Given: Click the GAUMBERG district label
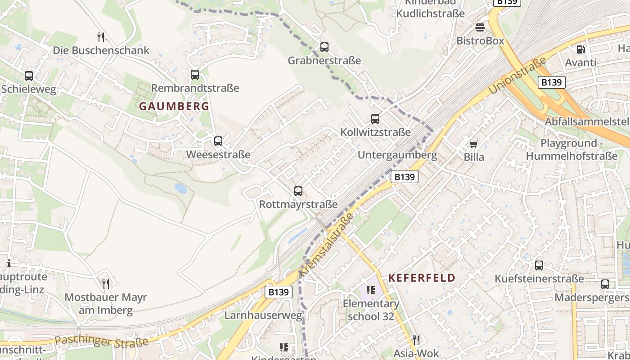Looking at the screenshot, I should pos(174,106).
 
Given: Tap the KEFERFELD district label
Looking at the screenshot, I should pos(422,278).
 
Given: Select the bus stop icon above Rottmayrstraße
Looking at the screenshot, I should pos(298,191).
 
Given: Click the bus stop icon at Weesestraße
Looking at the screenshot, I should pos(218,141).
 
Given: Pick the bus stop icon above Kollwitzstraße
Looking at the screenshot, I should pos(375,119).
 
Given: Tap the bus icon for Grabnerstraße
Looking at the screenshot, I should pos(324,47).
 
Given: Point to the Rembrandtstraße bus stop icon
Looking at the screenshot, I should pos(195,75).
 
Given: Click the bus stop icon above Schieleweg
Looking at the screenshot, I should pos(29,76).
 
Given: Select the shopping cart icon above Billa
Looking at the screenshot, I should pos(473,144).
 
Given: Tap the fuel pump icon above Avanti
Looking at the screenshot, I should pos(580,49).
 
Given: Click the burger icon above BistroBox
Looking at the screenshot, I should pos(480,27).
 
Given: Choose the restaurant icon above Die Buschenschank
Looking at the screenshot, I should pos(101,37).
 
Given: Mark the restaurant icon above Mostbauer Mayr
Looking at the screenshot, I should pos(106,284).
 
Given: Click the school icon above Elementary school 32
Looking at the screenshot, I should pos(371,290).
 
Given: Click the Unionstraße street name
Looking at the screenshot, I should pos(517,75).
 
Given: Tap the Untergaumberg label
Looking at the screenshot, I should pos(397,155).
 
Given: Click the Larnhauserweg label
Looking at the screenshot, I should pos(263,315).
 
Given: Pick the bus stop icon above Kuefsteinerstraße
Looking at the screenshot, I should pos(539,265).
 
